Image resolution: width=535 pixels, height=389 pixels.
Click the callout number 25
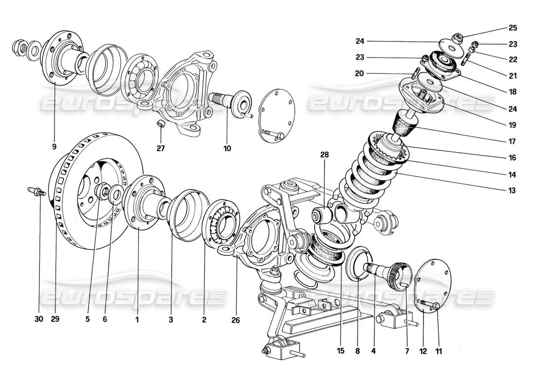pos(513,28)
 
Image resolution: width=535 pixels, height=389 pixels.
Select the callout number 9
pos(54,145)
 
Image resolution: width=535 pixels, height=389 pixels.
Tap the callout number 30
pos(39,319)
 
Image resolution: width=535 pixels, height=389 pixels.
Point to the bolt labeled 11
pos(430,305)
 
